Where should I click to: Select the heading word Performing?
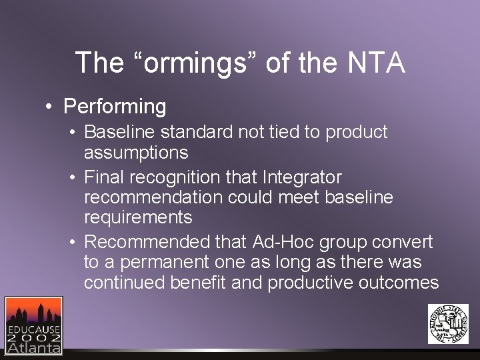pos(115,106)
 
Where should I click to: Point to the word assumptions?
pos(136,153)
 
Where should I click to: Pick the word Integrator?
pos(302,177)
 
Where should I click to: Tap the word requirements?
pos(138,217)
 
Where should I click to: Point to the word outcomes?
pos(399,282)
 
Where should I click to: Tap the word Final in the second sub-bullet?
pos(104,177)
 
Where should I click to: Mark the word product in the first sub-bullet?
pos(356,132)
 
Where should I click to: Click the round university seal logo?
pos(448,323)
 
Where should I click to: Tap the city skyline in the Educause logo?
pos(33,313)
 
